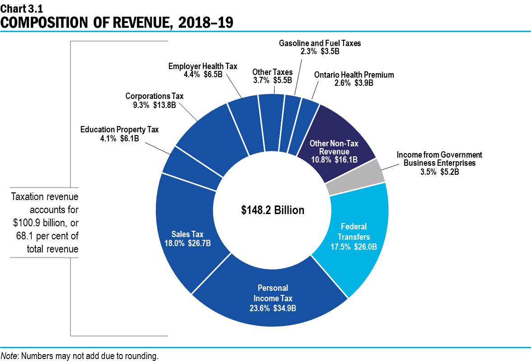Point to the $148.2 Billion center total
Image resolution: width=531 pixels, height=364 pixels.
(273, 210)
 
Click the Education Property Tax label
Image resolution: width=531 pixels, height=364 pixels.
(120, 130)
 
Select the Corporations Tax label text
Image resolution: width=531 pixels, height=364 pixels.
(154, 96)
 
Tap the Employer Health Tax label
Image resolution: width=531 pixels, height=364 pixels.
(203, 66)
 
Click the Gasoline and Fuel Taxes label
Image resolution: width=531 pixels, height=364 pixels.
(320, 43)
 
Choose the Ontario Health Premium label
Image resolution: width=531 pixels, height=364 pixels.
(354, 75)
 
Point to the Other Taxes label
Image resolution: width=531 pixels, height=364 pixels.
(272, 72)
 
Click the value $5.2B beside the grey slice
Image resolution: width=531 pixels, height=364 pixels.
(449, 171)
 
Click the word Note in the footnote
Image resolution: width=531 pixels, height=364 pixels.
(9, 356)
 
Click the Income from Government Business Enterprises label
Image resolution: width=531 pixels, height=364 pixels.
(439, 155)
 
